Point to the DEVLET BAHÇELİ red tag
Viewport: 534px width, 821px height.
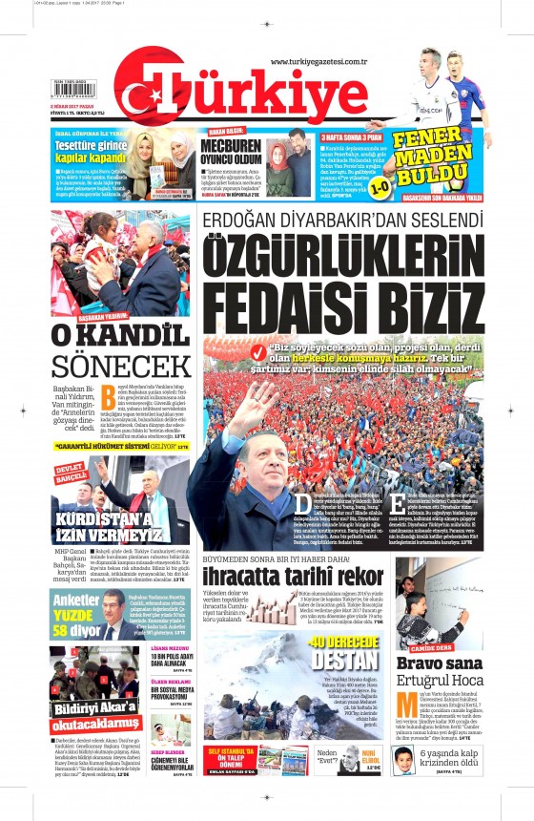[71, 473]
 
